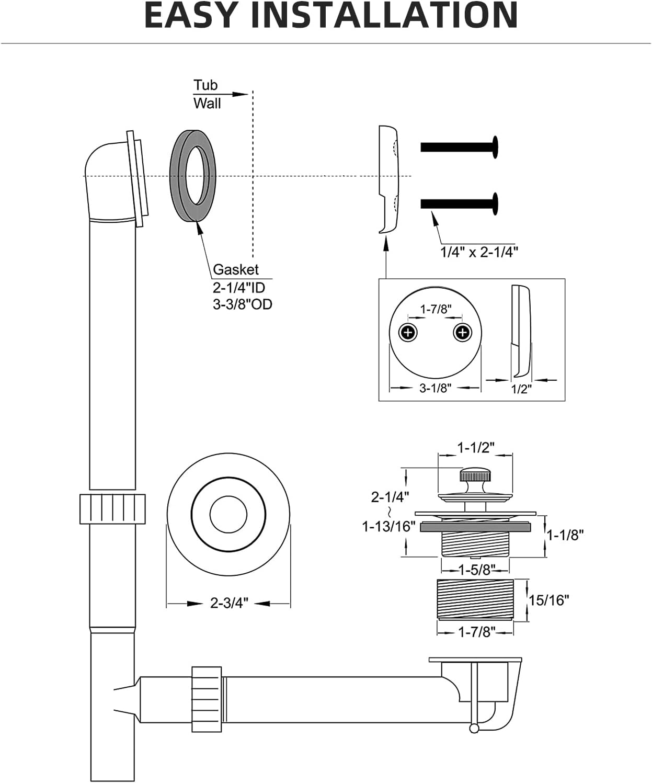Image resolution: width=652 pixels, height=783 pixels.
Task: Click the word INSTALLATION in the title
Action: [384, 16]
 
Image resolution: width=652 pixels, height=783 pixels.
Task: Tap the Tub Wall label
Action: [207, 94]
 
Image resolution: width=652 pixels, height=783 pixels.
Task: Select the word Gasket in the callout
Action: [235, 269]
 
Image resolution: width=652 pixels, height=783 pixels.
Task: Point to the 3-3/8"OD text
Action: [242, 304]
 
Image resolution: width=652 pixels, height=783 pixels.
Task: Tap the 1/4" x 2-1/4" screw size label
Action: [478, 252]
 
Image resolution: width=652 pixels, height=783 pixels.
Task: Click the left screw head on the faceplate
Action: [408, 332]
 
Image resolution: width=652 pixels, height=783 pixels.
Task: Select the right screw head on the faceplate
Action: [462, 332]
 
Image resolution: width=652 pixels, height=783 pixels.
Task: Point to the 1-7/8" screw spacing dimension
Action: [436, 309]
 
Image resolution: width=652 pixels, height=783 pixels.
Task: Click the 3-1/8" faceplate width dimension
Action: [435, 388]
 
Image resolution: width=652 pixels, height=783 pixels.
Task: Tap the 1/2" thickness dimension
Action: [521, 389]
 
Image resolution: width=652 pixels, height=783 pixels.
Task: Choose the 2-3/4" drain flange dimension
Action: [229, 603]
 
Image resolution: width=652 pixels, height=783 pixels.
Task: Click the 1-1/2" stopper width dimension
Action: [475, 448]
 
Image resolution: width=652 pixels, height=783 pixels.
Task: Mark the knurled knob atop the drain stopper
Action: [474, 475]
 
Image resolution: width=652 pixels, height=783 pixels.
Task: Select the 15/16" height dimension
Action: [548, 600]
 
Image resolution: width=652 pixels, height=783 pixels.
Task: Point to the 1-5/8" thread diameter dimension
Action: [475, 569]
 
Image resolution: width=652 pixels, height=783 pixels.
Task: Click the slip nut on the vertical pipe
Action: [112, 508]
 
